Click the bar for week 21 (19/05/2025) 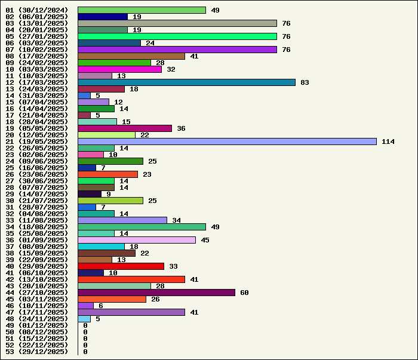(227, 141)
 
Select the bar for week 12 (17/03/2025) (186, 82)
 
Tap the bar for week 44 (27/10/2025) (156, 293)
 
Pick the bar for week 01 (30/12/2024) (142, 10)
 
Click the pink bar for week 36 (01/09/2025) (137, 240)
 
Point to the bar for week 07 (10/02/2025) (177, 50)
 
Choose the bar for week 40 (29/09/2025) (121, 266)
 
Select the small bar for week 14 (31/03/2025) (84, 96)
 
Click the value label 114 (388, 141)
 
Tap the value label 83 (305, 82)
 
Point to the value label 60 (244, 293)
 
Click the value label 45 (205, 240)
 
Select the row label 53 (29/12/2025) (37, 352)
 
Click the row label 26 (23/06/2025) (37, 174)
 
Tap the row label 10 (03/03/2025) (37, 69)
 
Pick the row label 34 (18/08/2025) (37, 227)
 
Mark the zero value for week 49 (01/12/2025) (85, 325)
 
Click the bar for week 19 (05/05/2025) (125, 128)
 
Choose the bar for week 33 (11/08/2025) (122, 220)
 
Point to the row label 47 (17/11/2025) (37, 312)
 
